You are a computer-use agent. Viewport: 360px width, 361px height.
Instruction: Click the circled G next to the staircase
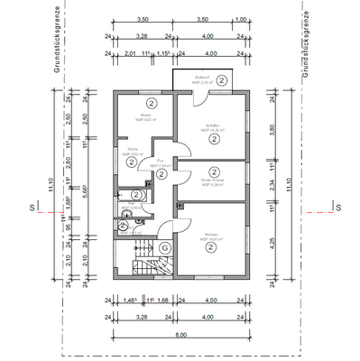[x=164, y=247]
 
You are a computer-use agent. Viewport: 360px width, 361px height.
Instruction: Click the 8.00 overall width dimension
[x=180, y=333]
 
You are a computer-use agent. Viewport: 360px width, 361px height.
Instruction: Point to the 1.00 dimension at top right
[x=240, y=19]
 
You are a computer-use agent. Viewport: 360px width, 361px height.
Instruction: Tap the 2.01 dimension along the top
[x=131, y=53]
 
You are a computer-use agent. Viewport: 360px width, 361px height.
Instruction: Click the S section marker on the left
[x=32, y=208]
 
